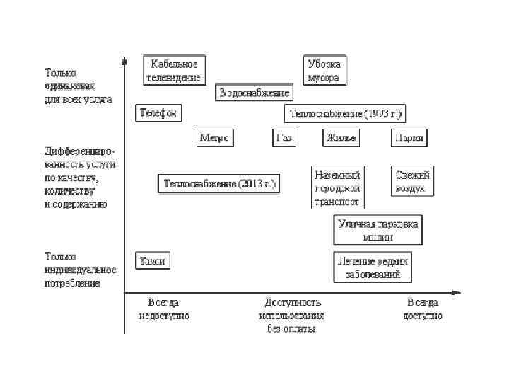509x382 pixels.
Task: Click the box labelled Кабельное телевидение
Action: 174,70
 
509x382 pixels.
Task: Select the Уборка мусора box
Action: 324,70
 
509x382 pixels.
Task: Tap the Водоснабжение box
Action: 254,93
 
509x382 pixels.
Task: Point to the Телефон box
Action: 158,113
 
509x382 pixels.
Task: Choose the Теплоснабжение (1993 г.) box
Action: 346,113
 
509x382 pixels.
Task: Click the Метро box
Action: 214,138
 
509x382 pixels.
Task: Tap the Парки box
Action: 410,138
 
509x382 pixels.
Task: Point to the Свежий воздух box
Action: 411,182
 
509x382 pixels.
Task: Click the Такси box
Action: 153,260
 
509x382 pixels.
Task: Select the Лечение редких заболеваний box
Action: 373,267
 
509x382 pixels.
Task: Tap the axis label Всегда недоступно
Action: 163,309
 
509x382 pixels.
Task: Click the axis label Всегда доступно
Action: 423,309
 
